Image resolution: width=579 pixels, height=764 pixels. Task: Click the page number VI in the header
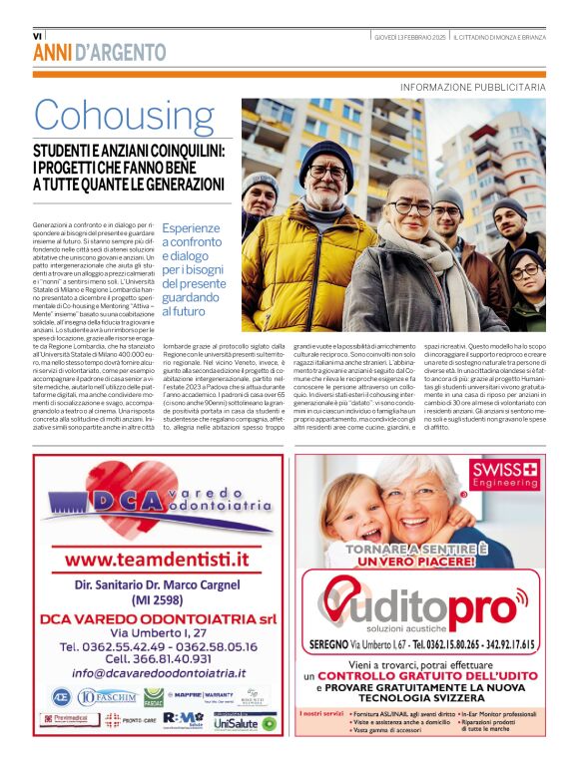pos(38,37)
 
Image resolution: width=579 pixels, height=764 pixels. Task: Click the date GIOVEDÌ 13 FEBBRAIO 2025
pos(396,37)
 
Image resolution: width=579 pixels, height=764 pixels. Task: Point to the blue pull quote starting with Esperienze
pos(195,269)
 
